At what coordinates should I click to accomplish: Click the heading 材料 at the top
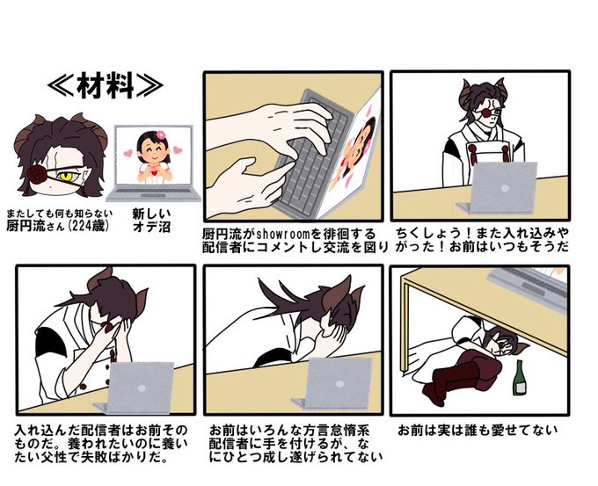click(x=106, y=85)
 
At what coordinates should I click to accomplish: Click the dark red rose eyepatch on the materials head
click(x=37, y=174)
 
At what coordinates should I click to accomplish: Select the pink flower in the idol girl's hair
click(x=161, y=134)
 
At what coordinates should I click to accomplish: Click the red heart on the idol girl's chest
click(x=154, y=172)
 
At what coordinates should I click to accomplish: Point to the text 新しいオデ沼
click(x=151, y=220)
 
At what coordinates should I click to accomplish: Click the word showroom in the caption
click(x=283, y=233)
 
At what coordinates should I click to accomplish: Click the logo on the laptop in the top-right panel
click(x=505, y=189)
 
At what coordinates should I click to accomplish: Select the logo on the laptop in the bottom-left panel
click(x=142, y=388)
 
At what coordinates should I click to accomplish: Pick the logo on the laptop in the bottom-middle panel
click(x=339, y=384)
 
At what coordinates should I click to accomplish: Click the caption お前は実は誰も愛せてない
click(x=478, y=431)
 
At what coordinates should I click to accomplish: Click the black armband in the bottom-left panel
click(x=47, y=341)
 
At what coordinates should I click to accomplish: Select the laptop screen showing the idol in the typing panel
click(x=354, y=152)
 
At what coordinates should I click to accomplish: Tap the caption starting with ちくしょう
click(x=482, y=239)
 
